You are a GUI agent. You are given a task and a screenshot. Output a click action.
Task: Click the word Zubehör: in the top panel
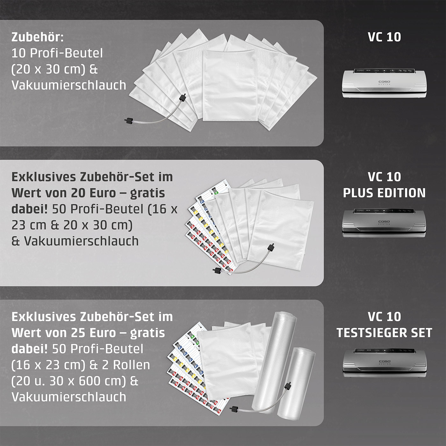point(38,37)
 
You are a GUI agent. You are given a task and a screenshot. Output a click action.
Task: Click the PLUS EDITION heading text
point(384,193)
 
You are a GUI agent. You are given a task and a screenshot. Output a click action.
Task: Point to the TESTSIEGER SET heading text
point(384,333)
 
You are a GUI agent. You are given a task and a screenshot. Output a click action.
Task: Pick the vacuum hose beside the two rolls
point(261,403)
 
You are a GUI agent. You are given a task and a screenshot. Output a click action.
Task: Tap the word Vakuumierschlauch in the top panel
point(69,85)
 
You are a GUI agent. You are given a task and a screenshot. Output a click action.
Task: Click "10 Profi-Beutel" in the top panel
point(57,53)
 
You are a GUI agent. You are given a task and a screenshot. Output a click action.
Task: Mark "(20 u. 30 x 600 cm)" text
point(69,381)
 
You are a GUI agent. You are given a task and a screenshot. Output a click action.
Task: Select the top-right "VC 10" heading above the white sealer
point(384,37)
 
